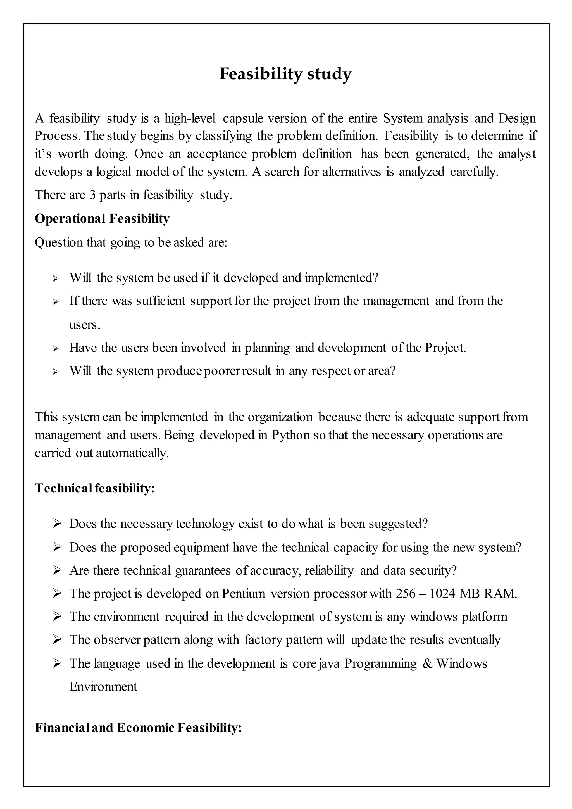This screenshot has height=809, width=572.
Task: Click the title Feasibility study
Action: tap(285, 74)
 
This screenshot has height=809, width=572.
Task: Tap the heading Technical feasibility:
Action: tap(94, 488)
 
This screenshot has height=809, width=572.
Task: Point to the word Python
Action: tap(290, 435)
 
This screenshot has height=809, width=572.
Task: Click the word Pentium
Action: tap(243, 594)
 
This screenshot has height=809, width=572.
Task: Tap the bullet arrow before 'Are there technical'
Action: tap(57, 570)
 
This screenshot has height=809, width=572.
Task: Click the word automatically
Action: tap(132, 453)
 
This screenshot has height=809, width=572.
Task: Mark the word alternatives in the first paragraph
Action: tap(351, 172)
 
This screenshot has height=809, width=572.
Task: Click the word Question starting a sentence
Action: tap(58, 243)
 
